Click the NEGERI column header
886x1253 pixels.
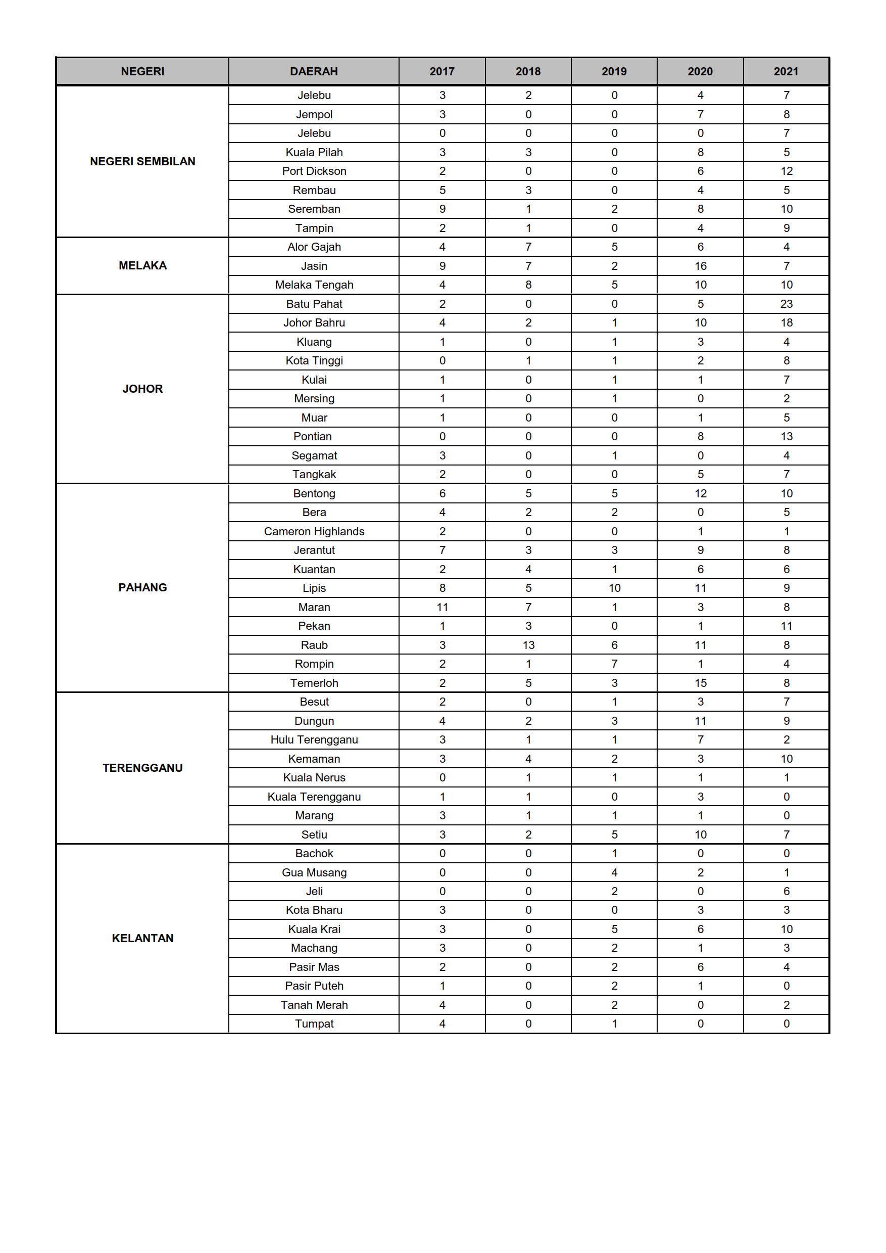coord(142,72)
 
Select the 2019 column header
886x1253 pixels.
coord(614,72)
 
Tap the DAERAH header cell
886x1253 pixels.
coord(314,72)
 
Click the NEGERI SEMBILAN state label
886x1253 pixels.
coord(142,162)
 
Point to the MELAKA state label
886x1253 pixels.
coord(142,266)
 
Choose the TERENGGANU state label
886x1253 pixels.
coord(142,768)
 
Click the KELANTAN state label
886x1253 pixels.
coord(142,938)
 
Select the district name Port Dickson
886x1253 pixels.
coord(314,171)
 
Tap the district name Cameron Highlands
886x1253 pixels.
coord(314,531)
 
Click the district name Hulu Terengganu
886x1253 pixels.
coord(314,740)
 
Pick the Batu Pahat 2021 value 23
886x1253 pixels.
coord(786,304)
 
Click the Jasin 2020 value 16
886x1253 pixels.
coord(700,266)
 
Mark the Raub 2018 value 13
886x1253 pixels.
coord(528,645)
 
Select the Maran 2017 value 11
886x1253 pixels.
coord(442,607)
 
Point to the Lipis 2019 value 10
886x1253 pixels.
coord(614,588)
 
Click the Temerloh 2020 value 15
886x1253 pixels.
coord(700,683)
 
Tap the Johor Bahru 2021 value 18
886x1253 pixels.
coord(786,322)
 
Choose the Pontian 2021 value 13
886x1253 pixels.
coord(786,436)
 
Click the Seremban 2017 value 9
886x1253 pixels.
coord(442,209)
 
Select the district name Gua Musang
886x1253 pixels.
coord(314,872)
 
